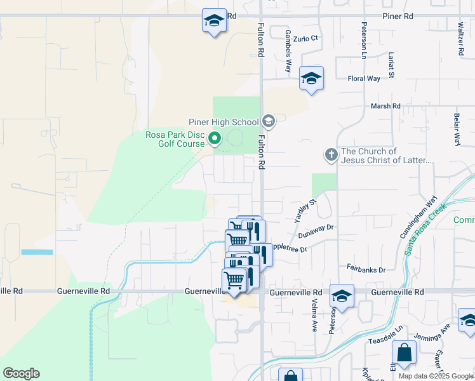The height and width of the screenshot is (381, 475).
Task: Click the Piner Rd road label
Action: [398, 15]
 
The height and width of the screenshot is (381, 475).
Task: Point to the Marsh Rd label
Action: [386, 106]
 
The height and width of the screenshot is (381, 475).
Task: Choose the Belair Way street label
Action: [456, 130]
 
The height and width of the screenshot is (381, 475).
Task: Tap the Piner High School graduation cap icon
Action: [268, 121]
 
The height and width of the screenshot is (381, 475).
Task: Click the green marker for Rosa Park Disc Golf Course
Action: [215, 138]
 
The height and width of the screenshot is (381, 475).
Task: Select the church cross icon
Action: [331, 154]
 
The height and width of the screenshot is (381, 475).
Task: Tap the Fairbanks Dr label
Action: [366, 270]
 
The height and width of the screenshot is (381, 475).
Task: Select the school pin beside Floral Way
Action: [311, 79]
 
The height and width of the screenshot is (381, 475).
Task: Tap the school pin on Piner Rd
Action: [214, 21]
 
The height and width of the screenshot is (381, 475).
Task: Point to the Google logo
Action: [21, 373]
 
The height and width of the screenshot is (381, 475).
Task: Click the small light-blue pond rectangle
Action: [37, 252]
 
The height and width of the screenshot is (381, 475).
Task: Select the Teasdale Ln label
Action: [386, 341]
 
